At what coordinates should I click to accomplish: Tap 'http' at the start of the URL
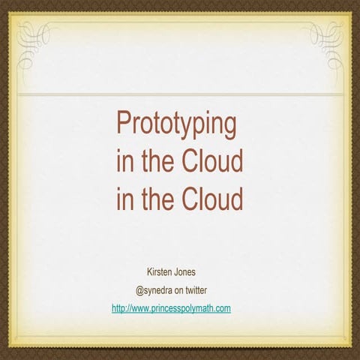point(118,308)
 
